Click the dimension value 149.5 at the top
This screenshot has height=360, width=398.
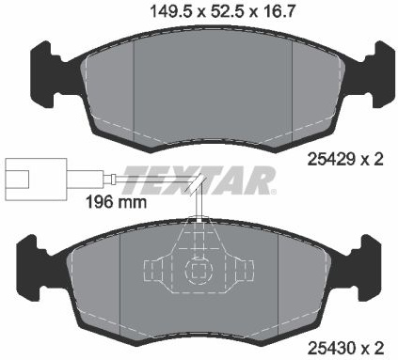coord(171,12)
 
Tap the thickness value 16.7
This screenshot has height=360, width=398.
coord(277,12)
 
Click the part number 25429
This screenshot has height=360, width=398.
coord(331,160)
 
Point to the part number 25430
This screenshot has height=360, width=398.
coord(331,348)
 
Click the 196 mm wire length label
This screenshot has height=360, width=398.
coord(116,202)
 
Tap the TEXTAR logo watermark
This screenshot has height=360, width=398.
coord(199,180)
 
